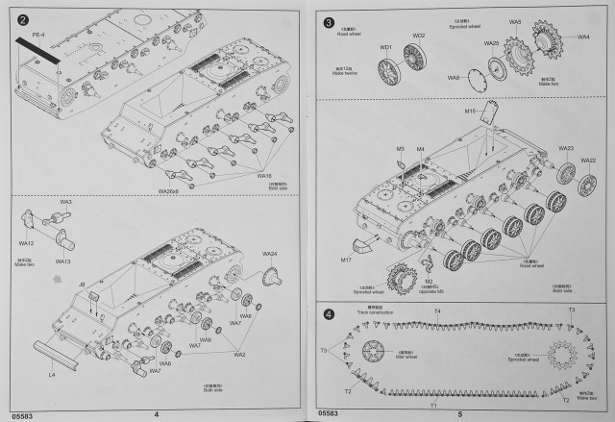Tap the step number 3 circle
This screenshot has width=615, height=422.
329,22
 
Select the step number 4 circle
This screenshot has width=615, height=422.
329,314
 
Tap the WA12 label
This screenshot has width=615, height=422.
26,244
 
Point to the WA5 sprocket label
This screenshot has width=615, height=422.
515,22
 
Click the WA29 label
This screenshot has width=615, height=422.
491,42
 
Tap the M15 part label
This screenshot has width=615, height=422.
470,112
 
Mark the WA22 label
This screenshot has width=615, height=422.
588,161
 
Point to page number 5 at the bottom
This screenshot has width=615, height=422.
460,413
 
